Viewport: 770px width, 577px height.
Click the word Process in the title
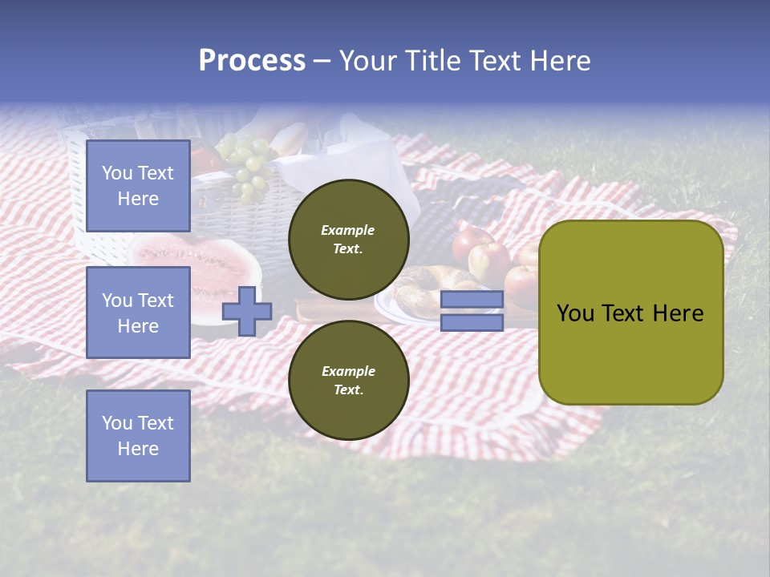pos(252,61)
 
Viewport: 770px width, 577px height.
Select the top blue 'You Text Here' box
pos(138,186)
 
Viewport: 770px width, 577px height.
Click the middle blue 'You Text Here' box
pos(138,313)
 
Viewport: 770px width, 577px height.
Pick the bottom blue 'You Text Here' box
pos(138,436)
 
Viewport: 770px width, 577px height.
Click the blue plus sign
pos(247,311)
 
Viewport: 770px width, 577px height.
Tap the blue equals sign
pos(472,311)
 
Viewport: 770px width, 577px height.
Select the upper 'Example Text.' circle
pos(348,240)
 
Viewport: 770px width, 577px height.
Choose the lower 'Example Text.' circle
pos(348,381)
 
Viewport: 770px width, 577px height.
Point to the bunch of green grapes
pos(247,164)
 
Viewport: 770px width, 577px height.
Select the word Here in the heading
pos(561,61)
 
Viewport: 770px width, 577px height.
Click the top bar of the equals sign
pos(472,299)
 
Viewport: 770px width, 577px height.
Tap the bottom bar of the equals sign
pos(472,323)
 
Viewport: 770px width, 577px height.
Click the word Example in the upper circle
pos(348,230)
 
